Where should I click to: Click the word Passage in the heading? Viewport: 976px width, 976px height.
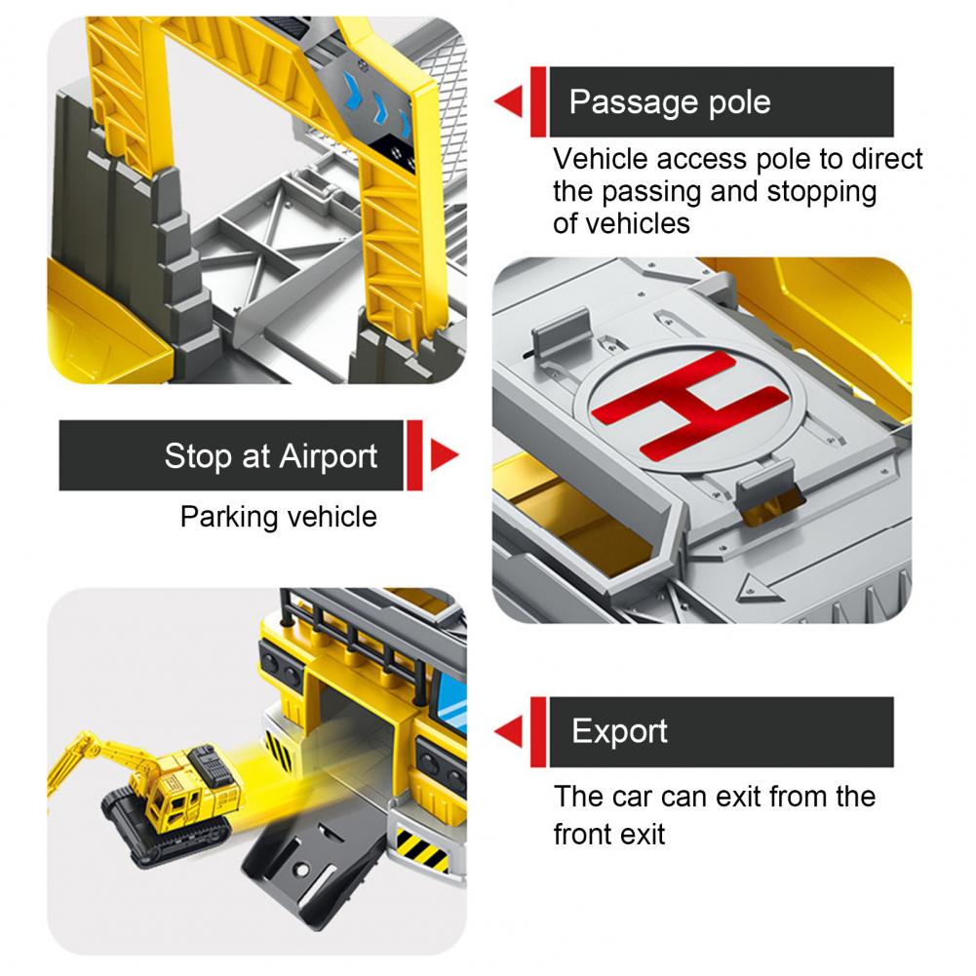tap(634, 102)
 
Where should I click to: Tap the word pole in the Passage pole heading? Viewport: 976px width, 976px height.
tap(740, 102)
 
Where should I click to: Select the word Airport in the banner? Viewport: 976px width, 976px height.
tap(328, 457)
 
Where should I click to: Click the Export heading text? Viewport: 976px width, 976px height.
tap(619, 732)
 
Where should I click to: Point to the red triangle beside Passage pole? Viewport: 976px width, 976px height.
tap(510, 101)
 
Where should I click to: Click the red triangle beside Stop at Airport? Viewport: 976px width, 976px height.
tap(443, 455)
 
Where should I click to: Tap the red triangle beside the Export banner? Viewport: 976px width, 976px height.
tap(510, 731)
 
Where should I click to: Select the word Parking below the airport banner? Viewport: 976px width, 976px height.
tap(229, 518)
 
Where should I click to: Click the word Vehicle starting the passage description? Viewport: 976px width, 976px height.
tap(602, 159)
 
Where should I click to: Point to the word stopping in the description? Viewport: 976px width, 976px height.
tap(822, 192)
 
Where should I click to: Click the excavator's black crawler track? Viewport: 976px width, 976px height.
tap(165, 828)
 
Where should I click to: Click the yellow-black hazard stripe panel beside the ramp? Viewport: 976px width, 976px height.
tap(422, 849)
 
